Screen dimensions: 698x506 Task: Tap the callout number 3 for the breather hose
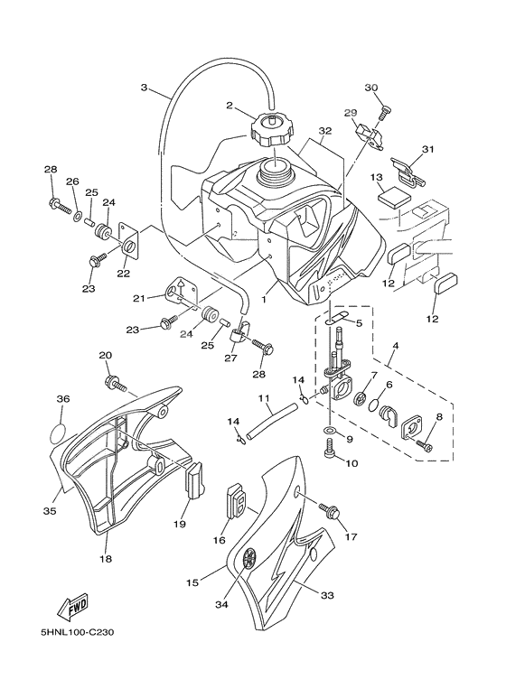tap(144, 88)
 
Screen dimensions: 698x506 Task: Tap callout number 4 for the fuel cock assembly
tap(395, 347)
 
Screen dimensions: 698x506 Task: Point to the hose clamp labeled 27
tap(238, 341)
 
